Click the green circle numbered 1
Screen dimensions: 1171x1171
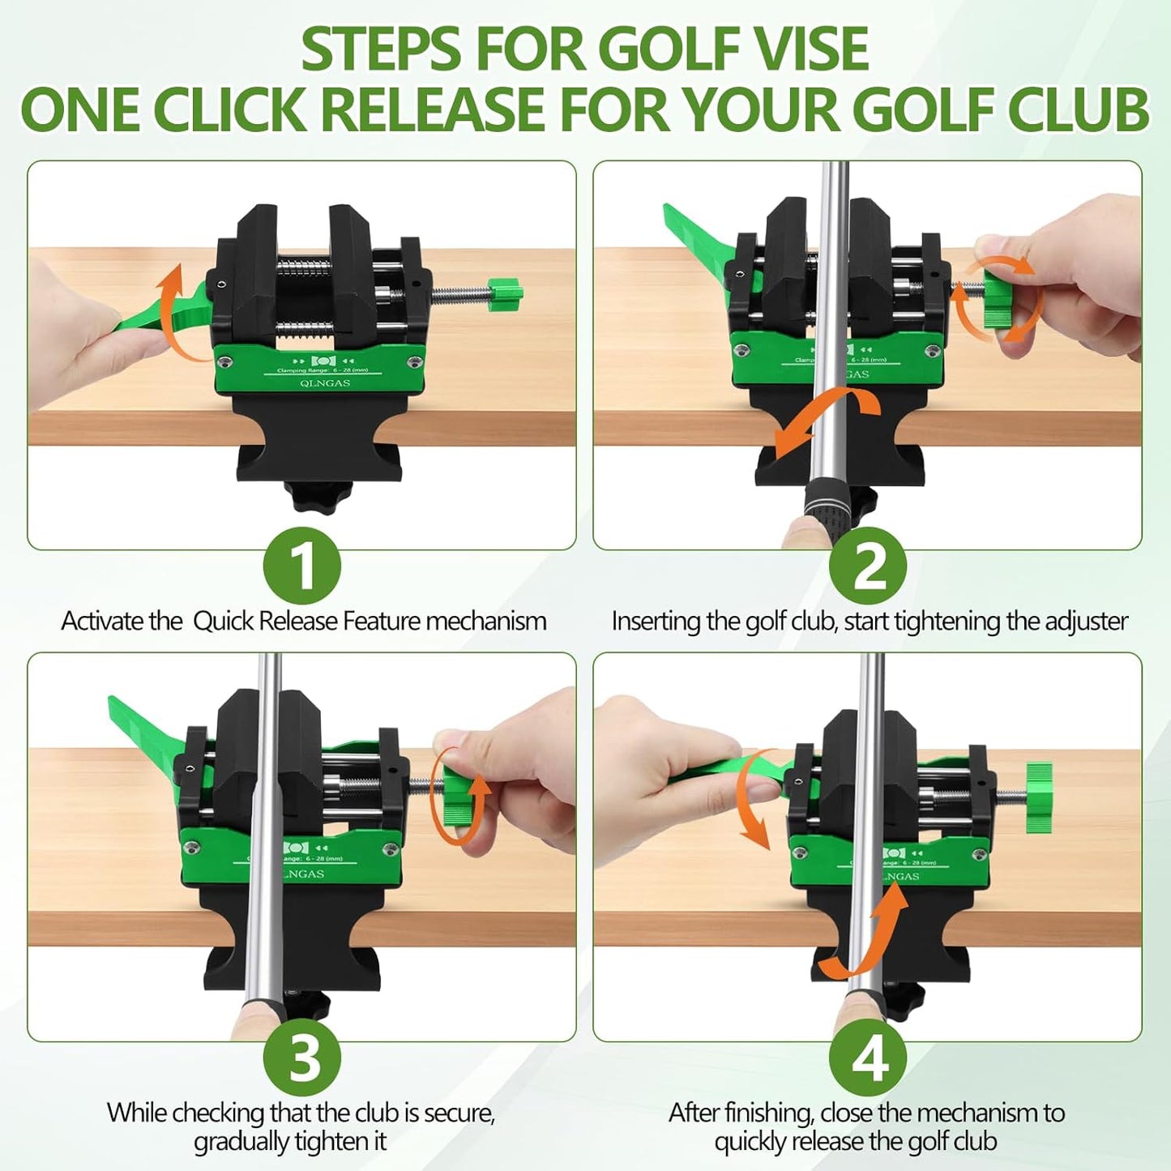[x=302, y=566]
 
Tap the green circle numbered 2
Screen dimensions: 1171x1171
[x=868, y=566]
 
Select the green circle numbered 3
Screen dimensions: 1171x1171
[x=302, y=1058]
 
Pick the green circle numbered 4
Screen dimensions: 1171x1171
[x=868, y=1058]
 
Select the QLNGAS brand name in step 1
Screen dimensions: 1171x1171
[x=325, y=383]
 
